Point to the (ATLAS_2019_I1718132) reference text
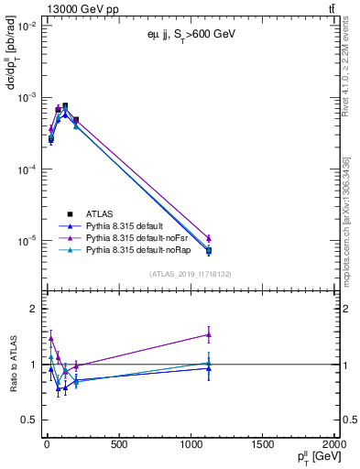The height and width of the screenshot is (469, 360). pyautogui.click(x=191, y=273)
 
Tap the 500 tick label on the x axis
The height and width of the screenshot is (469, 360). pyautogui.click(x=118, y=445)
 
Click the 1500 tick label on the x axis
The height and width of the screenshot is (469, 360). pyautogui.click(x=262, y=445)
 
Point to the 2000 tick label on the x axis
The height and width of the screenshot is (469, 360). pyautogui.click(x=333, y=445)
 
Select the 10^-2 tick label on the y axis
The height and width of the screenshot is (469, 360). pyautogui.click(x=25, y=27)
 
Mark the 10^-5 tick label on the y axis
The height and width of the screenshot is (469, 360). pyautogui.click(x=25, y=242)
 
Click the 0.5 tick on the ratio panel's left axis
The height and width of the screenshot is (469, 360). pyautogui.click(x=27, y=420)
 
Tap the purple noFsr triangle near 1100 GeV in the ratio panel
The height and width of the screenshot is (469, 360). pyautogui.click(x=209, y=334)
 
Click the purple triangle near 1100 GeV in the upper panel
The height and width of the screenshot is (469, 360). pyautogui.click(x=209, y=238)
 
